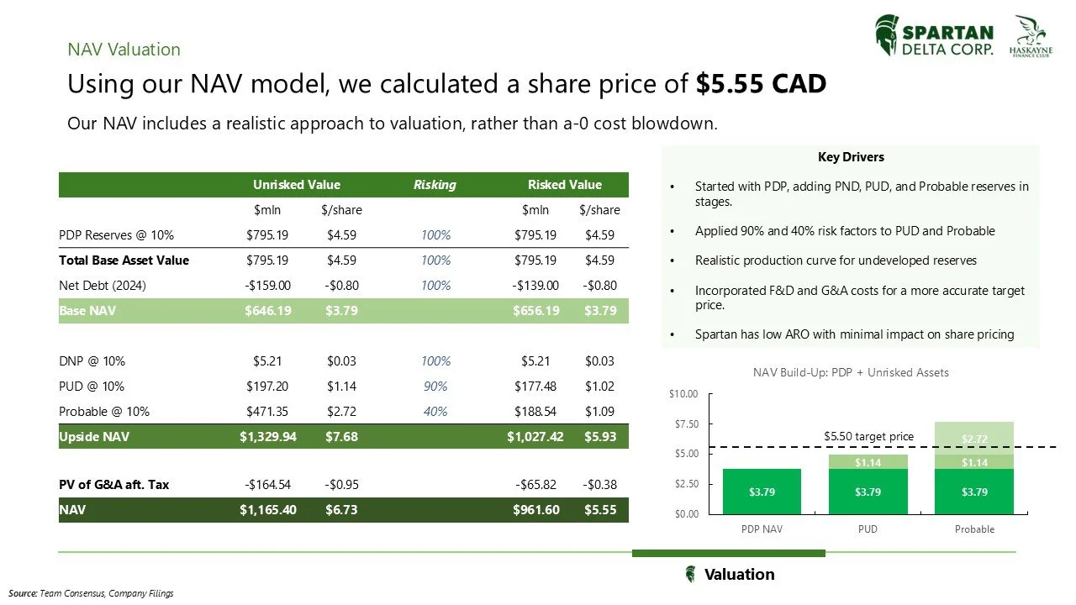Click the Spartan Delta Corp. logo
934,37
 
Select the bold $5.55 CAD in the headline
761,85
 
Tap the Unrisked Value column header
297,185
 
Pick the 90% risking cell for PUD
435,387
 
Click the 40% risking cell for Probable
435,412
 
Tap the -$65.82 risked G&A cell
535,485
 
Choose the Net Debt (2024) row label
103,286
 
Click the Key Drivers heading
851,157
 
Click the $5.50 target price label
868,436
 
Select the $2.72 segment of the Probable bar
974,438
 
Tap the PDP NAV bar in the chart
762,492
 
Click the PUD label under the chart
868,529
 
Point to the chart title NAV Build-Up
851,372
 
